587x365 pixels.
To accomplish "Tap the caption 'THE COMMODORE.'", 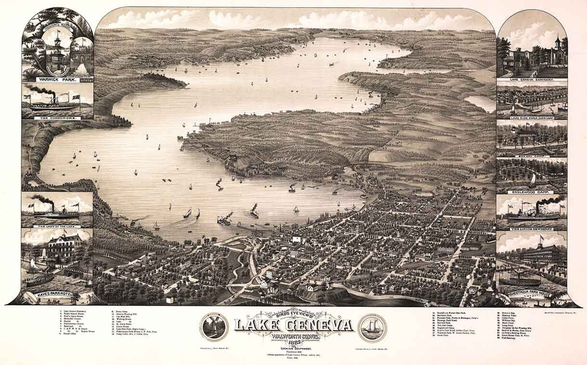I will [57, 116].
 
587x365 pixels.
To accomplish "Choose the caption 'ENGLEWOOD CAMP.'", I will [531, 191].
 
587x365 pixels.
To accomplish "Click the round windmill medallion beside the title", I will [214, 327].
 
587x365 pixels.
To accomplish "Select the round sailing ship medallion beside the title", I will [372, 327].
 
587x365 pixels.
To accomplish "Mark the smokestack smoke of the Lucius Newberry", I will [551, 200].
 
